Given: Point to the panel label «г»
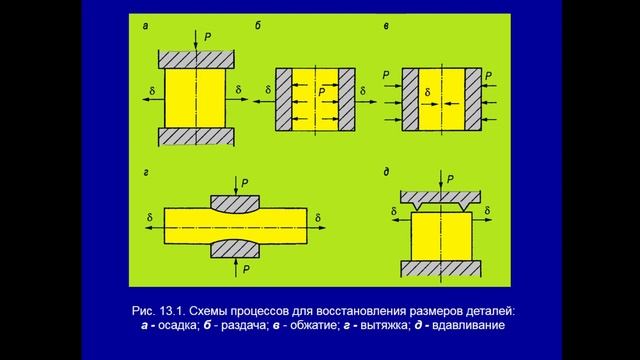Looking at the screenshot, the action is (147, 173).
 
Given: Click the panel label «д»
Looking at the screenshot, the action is (386, 173).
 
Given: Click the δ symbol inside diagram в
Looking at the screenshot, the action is (427, 92).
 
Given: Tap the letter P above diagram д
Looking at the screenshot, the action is (451, 178).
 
